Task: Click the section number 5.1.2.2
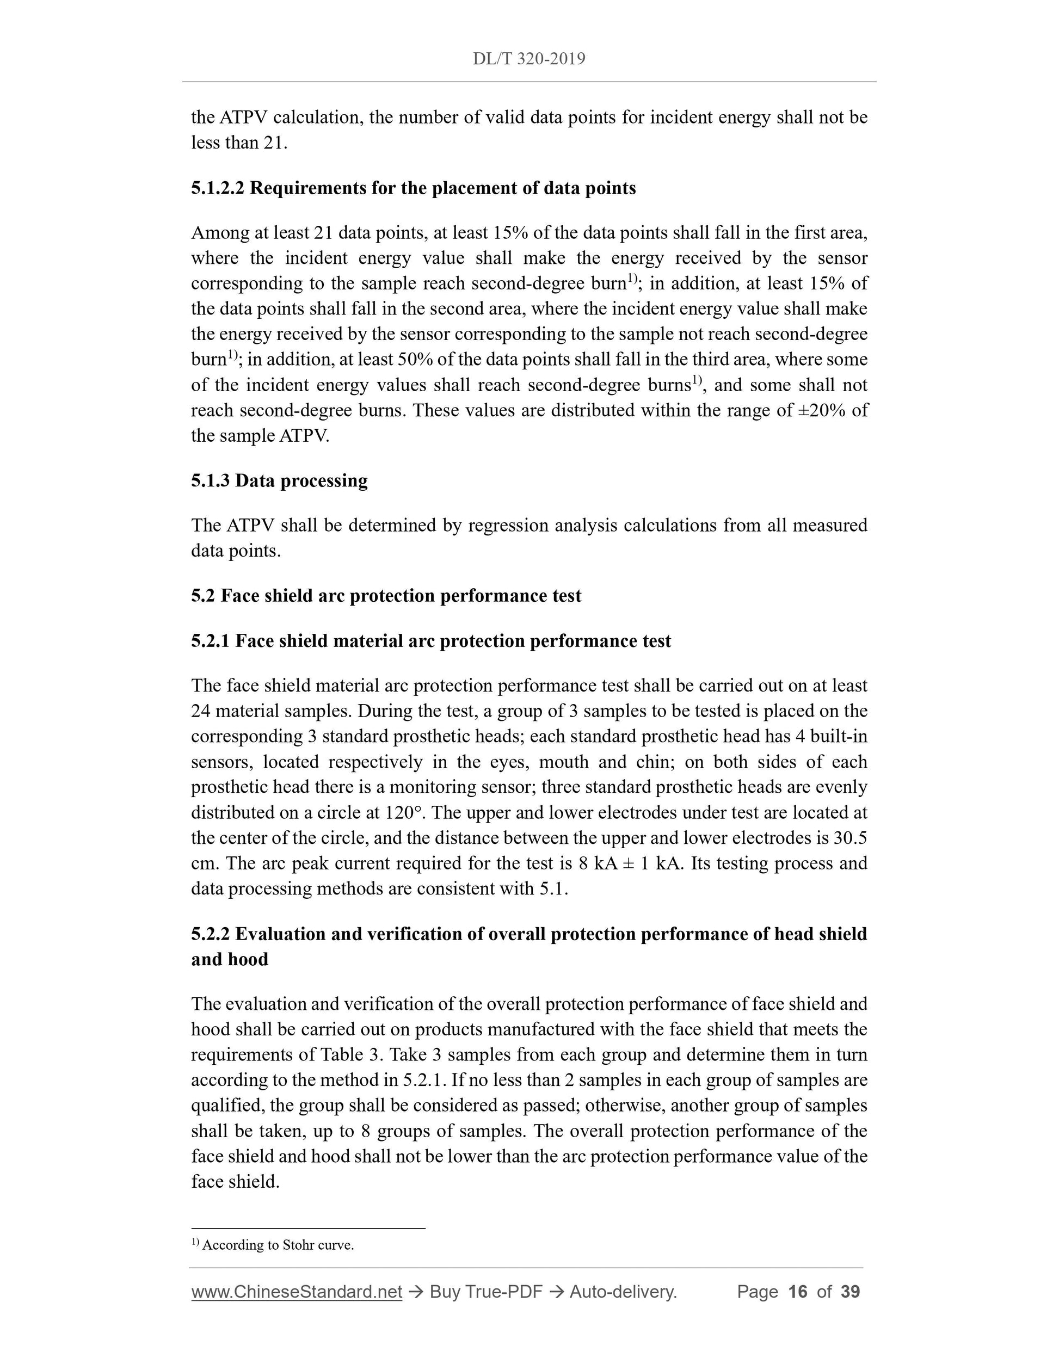218,188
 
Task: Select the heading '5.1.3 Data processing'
279,480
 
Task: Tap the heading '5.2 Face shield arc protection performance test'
386,595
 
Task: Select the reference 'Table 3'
350,1054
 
